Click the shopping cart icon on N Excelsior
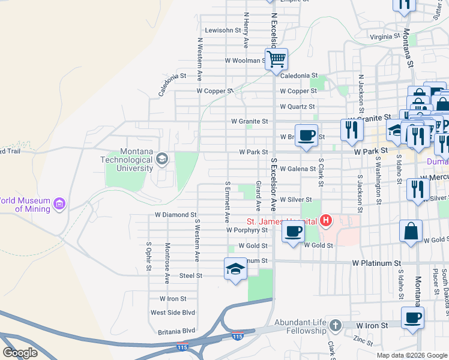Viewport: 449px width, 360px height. click(x=276, y=59)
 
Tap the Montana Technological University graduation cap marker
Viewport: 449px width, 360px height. click(x=161, y=159)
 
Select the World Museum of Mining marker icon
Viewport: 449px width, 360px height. click(x=59, y=205)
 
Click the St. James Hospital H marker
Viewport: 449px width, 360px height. click(x=325, y=221)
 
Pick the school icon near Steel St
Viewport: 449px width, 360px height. click(x=235, y=268)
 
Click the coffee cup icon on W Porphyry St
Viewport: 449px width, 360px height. click(x=293, y=231)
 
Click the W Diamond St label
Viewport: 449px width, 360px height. click(x=176, y=214)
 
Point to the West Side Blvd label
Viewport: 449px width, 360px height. click(x=173, y=313)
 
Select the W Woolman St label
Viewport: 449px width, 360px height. click(x=245, y=61)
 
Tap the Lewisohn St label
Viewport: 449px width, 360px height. click(x=223, y=30)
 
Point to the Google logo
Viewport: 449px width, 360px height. click(x=20, y=353)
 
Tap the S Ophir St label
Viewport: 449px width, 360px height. click(x=149, y=251)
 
